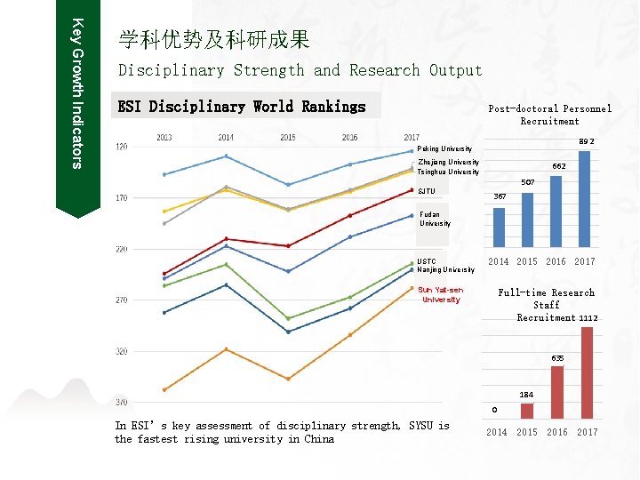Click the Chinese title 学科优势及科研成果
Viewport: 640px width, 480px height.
tap(214, 39)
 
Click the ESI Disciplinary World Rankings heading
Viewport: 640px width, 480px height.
tap(242, 107)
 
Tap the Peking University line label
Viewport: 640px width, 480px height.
tap(444, 148)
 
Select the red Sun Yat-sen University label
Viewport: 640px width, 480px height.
tap(441, 295)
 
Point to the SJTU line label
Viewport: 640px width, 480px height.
tap(427, 191)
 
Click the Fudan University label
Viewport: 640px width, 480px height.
tap(435, 219)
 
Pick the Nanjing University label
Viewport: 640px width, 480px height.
tap(446, 270)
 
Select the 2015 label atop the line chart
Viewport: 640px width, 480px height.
tap(288, 138)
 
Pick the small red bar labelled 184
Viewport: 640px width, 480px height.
tap(527, 411)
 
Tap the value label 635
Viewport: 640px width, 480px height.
tap(557, 358)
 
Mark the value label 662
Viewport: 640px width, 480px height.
tap(559, 166)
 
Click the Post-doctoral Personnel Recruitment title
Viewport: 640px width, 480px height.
tap(549, 115)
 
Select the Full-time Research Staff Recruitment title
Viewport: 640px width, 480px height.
tap(548, 305)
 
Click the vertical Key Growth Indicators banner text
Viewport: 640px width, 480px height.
tap(77, 93)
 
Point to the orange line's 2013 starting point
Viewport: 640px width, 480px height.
tap(164, 389)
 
